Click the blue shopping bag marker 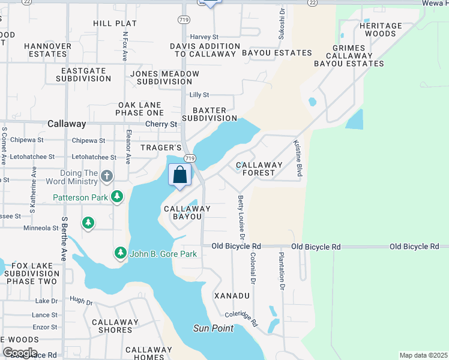(x=179, y=175)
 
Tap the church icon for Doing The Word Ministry (x=107, y=176)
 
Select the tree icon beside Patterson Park (x=118, y=196)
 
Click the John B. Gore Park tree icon (x=121, y=254)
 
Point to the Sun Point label (x=213, y=328)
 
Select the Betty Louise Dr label (x=241, y=215)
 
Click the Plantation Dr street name (x=280, y=271)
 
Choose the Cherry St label (x=161, y=124)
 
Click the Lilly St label (x=199, y=95)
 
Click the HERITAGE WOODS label (x=381, y=30)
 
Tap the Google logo (x=19, y=353)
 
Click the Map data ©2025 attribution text (x=423, y=355)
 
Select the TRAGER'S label (x=160, y=148)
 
